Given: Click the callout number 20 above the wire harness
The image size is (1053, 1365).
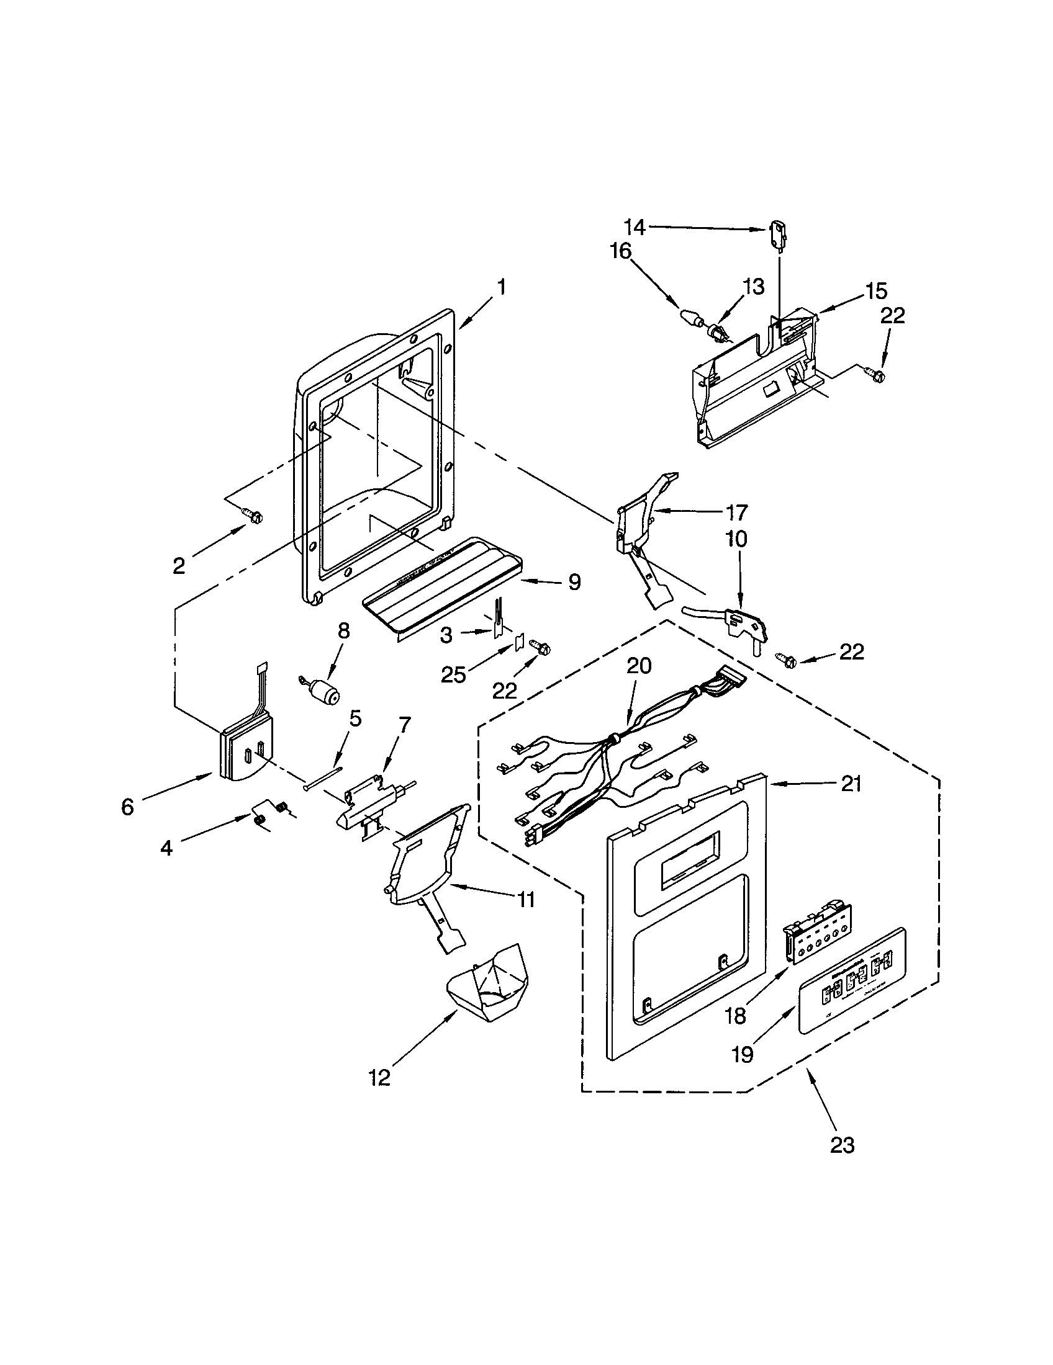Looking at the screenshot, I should (638, 666).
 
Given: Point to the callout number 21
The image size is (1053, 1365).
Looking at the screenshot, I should (851, 784).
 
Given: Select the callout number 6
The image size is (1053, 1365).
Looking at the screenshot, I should (127, 807).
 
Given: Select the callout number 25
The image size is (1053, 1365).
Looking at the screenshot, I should (454, 674).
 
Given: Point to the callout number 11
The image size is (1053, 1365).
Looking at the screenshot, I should (525, 900).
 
